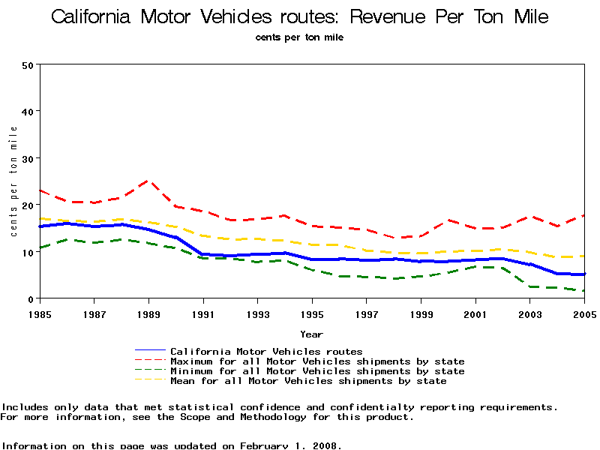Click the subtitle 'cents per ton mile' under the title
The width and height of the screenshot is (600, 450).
[299, 37]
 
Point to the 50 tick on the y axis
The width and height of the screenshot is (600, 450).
[29, 64]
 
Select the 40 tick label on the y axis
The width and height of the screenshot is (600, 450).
[29, 111]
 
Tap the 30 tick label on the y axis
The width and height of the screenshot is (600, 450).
[29, 158]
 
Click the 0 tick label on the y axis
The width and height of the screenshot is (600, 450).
[32, 298]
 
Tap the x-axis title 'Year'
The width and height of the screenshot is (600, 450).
[312, 334]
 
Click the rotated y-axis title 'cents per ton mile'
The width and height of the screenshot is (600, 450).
[13, 181]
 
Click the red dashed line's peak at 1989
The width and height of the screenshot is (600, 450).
[148, 181]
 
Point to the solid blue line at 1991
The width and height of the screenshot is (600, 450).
[203, 254]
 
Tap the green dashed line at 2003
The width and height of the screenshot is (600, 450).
[530, 286]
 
